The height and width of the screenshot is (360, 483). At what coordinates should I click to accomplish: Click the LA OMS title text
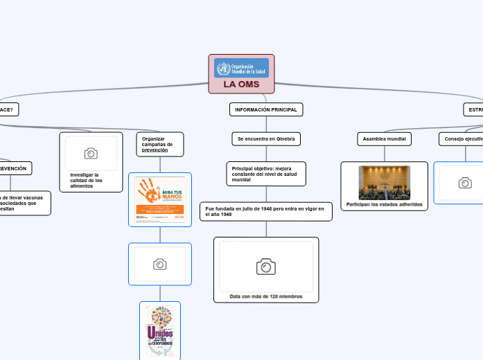click(241, 84)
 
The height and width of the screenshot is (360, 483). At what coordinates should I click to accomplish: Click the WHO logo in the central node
click(241, 68)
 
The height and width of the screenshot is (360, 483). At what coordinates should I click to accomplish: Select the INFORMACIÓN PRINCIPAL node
click(266, 109)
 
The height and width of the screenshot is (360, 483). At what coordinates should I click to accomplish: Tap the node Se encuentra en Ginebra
click(266, 139)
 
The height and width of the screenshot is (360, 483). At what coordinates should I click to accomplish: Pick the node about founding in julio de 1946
click(266, 211)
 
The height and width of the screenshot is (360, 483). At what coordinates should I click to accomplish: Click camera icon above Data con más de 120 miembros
click(266, 267)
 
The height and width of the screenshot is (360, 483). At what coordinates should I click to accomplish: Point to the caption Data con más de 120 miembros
click(266, 296)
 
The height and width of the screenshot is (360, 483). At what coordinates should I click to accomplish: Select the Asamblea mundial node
click(385, 139)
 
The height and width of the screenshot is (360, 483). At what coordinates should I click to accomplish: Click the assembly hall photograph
click(385, 182)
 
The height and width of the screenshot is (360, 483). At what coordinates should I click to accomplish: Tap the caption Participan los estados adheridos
click(385, 204)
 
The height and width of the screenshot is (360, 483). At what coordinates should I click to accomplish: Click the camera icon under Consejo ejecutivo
click(465, 183)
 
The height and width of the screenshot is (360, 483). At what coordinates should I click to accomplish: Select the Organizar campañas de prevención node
click(160, 144)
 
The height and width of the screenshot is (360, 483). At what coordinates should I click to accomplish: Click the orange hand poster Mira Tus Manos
click(160, 199)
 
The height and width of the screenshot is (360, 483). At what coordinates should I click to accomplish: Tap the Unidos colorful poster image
click(160, 331)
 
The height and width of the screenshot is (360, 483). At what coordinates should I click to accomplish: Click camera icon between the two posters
click(160, 264)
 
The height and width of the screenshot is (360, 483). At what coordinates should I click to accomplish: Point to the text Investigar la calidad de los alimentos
click(87, 180)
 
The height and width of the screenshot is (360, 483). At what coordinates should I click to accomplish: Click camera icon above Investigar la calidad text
click(91, 153)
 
